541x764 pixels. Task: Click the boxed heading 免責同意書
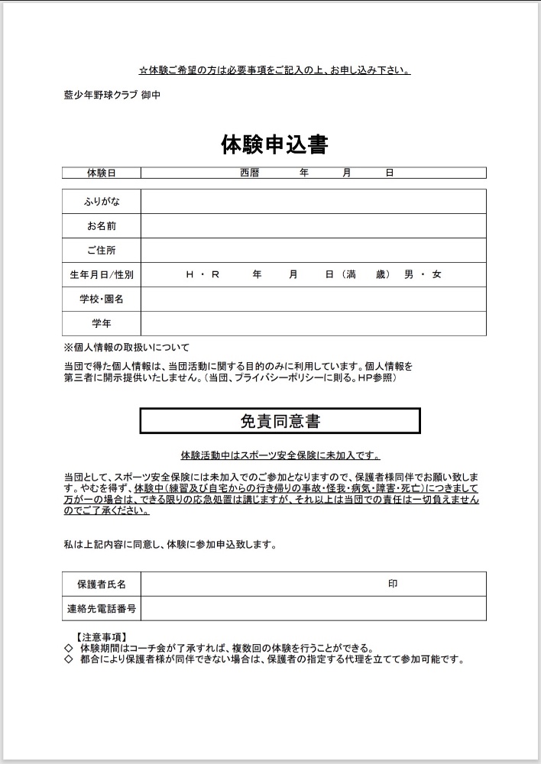pos(280,420)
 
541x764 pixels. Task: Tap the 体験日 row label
pos(102,173)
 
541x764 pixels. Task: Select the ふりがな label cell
pos(102,202)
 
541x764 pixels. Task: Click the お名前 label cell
pos(102,226)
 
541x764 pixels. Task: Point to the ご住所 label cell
pos(102,251)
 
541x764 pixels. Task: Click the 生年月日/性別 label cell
pos(102,274)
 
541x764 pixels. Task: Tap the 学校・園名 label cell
pos(102,299)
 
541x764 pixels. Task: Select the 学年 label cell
pos(102,323)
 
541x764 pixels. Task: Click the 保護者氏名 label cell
pos(102,584)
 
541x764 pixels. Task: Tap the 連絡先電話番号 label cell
pos(102,609)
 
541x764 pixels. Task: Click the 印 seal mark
pos(393,584)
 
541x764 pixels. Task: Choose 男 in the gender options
pos(409,274)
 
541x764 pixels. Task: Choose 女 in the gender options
pos(436,274)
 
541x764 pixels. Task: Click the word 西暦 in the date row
pos(250,173)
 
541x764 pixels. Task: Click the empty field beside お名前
pos(313,226)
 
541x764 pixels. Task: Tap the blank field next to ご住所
pos(313,251)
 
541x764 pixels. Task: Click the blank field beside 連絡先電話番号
pos(313,609)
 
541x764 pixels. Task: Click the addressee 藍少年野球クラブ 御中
pos(112,95)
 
